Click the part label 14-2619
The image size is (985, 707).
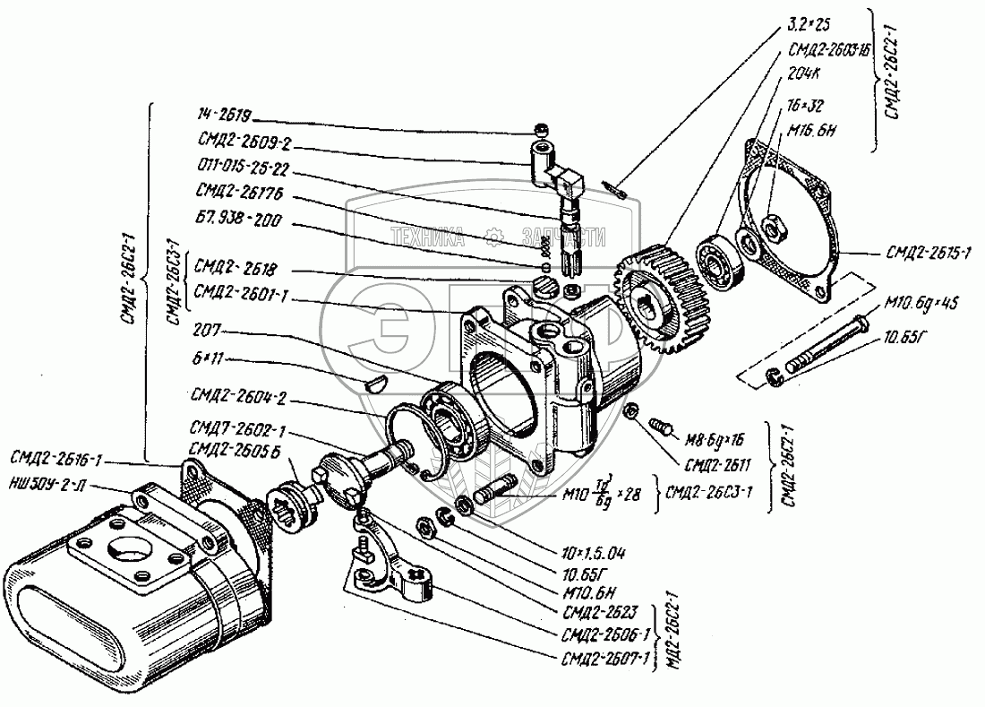[226, 116]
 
